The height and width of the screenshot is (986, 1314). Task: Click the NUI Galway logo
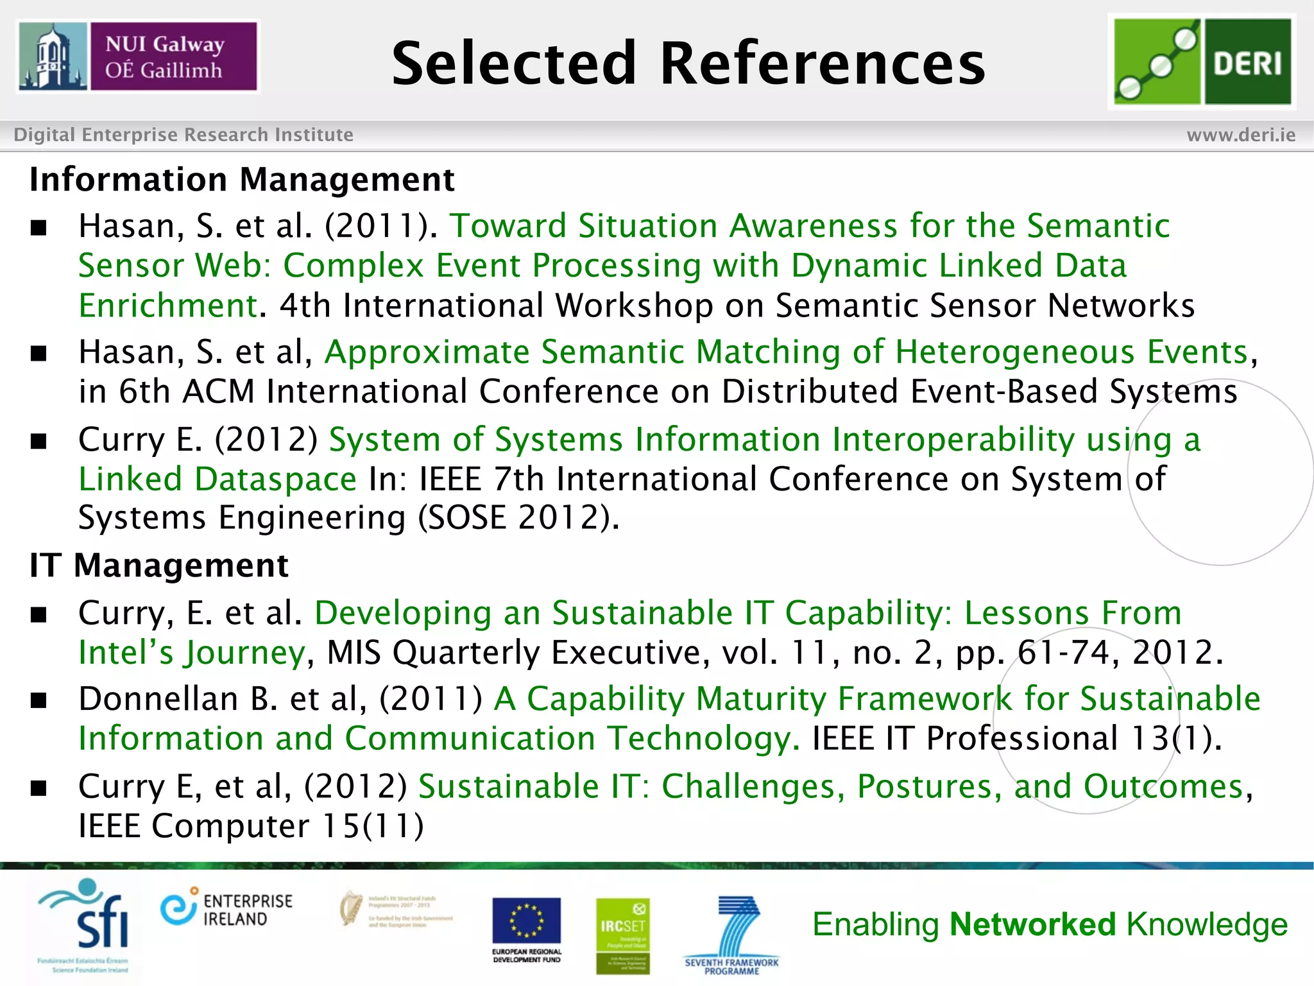138,56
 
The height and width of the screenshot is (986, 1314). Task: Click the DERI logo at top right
1202,62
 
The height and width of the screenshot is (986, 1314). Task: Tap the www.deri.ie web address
1241,135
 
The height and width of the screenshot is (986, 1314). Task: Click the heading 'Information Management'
242,179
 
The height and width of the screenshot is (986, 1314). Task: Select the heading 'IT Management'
159,566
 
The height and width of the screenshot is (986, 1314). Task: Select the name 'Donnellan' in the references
158,698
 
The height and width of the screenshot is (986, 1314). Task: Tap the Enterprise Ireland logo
226,910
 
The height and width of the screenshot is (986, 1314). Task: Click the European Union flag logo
526,923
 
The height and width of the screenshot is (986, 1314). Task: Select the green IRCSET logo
622,934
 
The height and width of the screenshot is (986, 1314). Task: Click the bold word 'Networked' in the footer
1033,924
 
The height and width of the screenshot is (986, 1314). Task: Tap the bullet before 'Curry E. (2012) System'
39,441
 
